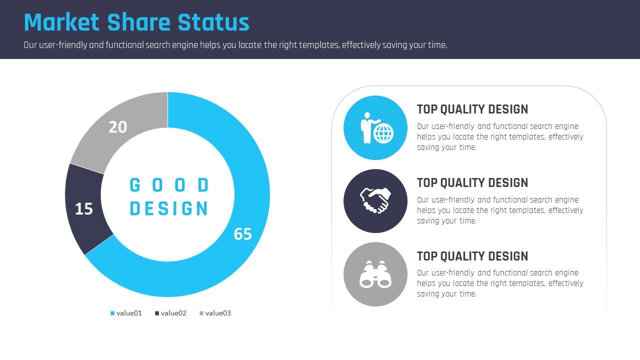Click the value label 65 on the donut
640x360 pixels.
click(x=243, y=234)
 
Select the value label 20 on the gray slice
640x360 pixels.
click(x=117, y=127)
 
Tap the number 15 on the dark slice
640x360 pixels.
click(x=83, y=209)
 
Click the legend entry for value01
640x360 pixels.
click(x=126, y=313)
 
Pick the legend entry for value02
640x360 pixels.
click(x=170, y=313)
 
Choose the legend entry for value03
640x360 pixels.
click(x=215, y=313)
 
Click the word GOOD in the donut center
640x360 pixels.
click(x=169, y=185)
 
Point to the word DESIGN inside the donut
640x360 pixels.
click(x=169, y=208)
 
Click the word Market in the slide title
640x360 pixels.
click(x=61, y=22)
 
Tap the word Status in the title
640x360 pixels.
click(x=213, y=22)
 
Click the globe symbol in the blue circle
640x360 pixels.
click(x=383, y=133)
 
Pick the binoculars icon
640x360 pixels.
click(x=375, y=274)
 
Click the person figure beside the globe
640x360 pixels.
click(x=367, y=127)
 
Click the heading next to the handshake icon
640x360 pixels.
click(x=472, y=183)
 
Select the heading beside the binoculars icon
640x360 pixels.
click(x=472, y=256)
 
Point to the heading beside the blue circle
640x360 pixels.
click(x=472, y=109)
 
